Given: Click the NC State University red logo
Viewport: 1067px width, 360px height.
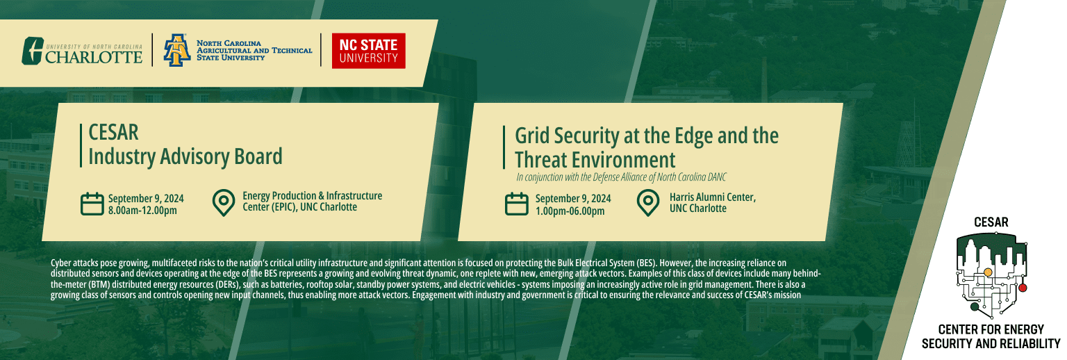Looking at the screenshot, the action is (368, 51).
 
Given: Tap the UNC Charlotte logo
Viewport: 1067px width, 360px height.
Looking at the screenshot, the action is (82, 51).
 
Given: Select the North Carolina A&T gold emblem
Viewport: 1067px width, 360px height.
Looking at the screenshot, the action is (177, 50).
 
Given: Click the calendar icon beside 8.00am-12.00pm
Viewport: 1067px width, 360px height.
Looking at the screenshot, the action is (92, 204).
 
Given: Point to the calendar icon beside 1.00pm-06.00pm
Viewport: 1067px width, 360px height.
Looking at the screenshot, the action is (516, 204).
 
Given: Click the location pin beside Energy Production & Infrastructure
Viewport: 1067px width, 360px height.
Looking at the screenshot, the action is (224, 203).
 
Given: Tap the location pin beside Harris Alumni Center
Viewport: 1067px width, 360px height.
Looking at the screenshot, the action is (648, 203).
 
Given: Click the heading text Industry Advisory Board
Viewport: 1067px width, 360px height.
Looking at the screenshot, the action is (185, 156).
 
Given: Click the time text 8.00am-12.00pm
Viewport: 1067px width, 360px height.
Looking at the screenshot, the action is (142, 211).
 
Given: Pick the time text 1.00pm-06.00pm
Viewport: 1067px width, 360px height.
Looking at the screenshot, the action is (570, 211).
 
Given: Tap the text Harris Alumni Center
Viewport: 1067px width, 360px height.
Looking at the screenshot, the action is (713, 197).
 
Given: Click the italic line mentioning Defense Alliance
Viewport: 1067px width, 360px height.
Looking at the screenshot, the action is (621, 177).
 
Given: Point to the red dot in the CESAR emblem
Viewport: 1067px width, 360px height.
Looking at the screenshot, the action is (1023, 288).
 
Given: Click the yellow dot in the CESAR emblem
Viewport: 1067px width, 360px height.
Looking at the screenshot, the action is (987, 272).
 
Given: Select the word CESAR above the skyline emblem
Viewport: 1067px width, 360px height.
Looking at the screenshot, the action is (991, 222).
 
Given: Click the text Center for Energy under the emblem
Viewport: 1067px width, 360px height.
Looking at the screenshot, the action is (991, 329).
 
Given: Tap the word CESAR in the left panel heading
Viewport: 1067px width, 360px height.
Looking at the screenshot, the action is (113, 132).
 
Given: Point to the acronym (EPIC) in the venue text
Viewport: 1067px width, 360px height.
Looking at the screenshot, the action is (283, 207).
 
